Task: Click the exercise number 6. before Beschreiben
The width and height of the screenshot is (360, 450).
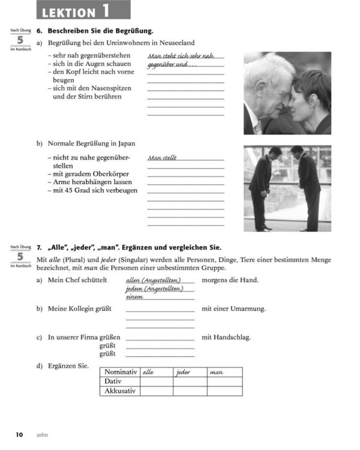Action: pos(39,31)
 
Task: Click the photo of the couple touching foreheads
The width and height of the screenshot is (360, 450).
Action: pos(287,93)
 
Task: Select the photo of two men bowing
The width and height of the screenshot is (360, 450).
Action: pos(287,188)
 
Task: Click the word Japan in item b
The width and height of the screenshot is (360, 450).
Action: pos(127,143)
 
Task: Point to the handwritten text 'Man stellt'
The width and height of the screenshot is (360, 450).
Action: pos(163,158)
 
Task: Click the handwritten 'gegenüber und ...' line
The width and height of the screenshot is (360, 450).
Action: pos(172,64)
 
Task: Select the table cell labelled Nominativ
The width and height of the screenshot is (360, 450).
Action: pos(121,372)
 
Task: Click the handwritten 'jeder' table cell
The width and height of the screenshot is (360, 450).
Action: pos(183,373)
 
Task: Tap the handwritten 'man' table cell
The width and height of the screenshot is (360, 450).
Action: pos(216,373)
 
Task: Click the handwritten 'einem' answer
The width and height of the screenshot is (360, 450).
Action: pos(134,296)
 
